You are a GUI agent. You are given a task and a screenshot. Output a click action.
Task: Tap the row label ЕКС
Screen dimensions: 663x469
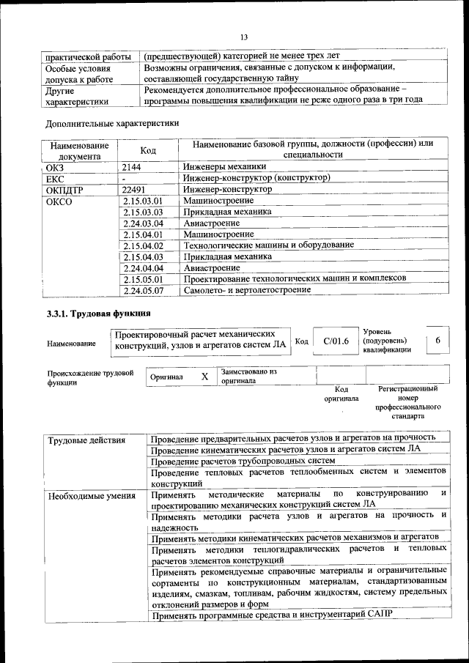tap(56, 177)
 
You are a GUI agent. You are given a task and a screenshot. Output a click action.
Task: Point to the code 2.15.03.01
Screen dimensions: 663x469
tap(143, 200)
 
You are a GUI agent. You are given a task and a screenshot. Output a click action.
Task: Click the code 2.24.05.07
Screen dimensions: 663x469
tap(143, 290)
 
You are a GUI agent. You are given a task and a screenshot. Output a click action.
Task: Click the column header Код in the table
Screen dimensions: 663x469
tap(148, 149)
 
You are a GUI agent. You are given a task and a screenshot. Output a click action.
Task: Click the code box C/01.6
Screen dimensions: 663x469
tap(336, 341)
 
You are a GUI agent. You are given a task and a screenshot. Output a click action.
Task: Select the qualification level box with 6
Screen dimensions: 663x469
tap(437, 341)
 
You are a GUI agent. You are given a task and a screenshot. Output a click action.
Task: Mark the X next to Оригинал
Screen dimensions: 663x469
tap(204, 377)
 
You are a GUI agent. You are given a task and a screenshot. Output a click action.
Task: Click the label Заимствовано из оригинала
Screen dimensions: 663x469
tap(248, 377)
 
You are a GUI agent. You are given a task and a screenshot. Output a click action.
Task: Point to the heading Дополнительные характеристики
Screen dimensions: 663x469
tap(112, 123)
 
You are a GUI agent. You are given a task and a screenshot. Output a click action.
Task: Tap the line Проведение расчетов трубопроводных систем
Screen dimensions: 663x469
tap(243, 461)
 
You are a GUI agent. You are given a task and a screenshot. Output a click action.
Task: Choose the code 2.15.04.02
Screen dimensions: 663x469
tap(143, 245)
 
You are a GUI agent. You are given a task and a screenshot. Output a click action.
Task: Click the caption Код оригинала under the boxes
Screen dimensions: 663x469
tap(341, 394)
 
